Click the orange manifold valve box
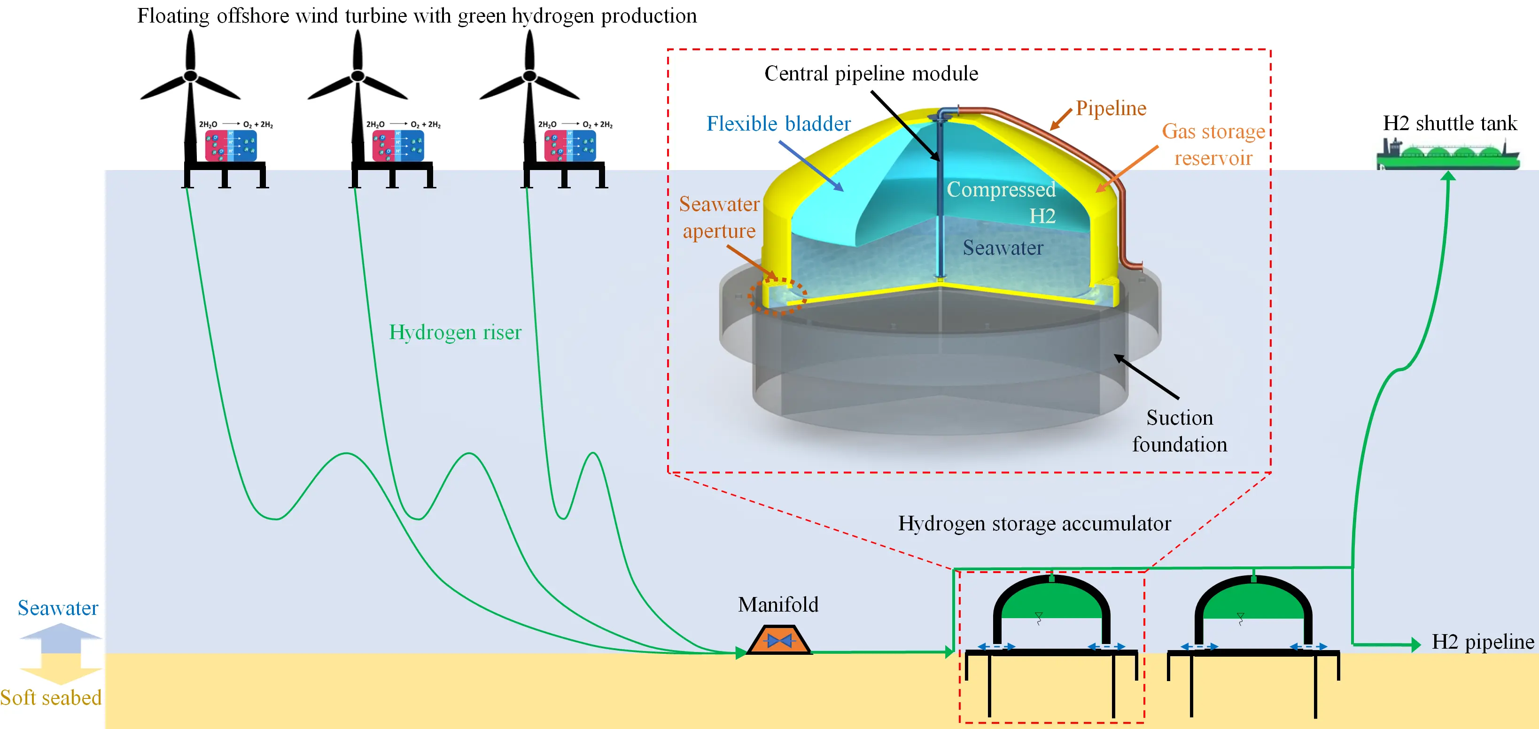coord(778,639)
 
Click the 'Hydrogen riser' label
coord(455,332)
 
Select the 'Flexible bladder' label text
coord(778,124)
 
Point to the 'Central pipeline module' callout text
coord(871,73)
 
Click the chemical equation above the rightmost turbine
coord(575,124)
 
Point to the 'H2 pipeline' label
coord(1483,642)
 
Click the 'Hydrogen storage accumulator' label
coord(1034,523)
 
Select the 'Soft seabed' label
coord(51,698)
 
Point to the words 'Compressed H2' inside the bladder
coord(1001,202)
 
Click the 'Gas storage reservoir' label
coord(1213,144)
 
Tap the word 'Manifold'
coord(778,605)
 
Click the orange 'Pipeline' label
coord(1111,108)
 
